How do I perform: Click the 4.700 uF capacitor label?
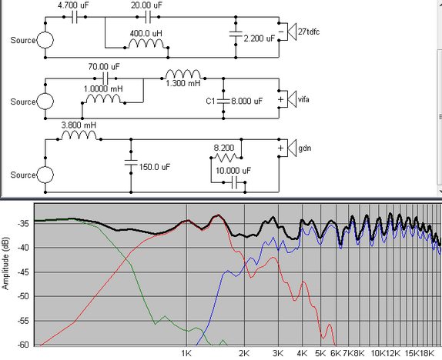pyautogui.click(x=73, y=5)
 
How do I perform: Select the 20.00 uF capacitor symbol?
pyautogui.click(x=148, y=17)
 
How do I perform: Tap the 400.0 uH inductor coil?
pyautogui.click(x=146, y=44)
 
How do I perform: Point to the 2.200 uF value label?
pyautogui.click(x=259, y=38)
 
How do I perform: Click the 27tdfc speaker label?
pyautogui.click(x=309, y=32)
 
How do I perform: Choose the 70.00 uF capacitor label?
pyautogui.click(x=104, y=67)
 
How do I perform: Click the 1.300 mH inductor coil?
pyautogui.click(x=183, y=75)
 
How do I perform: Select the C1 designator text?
pyautogui.click(x=210, y=101)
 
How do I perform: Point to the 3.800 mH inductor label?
pyautogui.click(x=79, y=125)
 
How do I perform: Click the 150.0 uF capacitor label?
pyautogui.click(x=155, y=167)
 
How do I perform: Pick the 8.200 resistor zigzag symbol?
pyautogui.click(x=226, y=158)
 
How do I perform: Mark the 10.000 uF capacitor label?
pyautogui.click(x=233, y=171)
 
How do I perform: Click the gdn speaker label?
pyautogui.click(x=305, y=148)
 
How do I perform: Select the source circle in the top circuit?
pyautogui.click(x=45, y=40)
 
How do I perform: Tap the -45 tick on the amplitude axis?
pyautogui.click(x=23, y=272)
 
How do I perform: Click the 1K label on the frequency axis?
pyautogui.click(x=186, y=353)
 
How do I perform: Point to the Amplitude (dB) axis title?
pyautogui.click(x=5, y=263)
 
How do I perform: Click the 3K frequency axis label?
pyautogui.click(x=278, y=353)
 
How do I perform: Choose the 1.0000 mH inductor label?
pyautogui.click(x=103, y=89)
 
